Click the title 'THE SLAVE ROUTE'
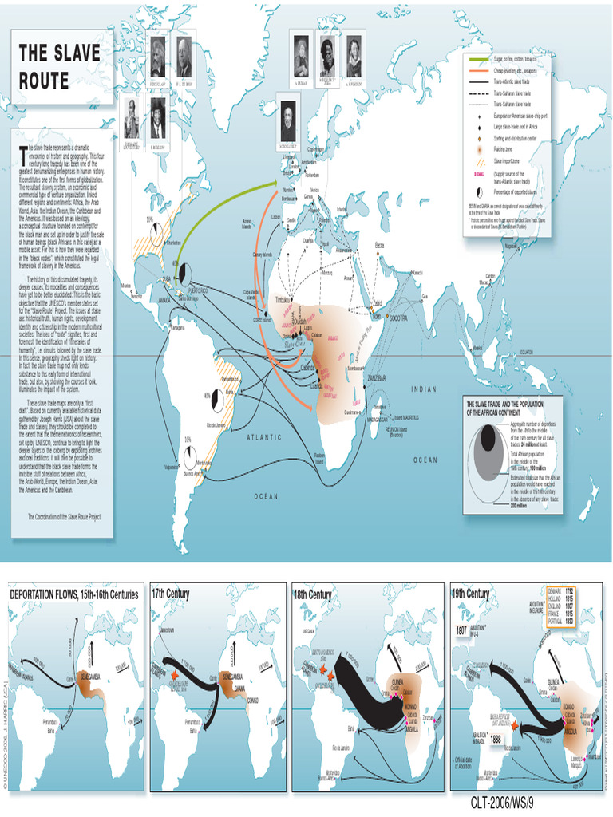pos(60,66)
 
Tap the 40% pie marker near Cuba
pos(185,274)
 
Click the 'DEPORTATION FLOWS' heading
pos(74,595)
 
